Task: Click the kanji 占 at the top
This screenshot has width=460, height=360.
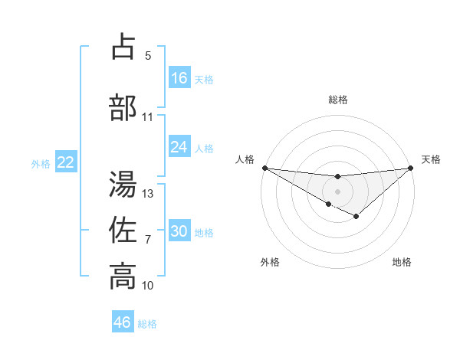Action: pyautogui.click(x=123, y=47)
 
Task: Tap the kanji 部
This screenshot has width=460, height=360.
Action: pyautogui.click(x=123, y=108)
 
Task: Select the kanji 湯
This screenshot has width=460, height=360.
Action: pyautogui.click(x=123, y=184)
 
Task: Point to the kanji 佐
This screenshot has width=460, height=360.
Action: pyautogui.click(x=123, y=230)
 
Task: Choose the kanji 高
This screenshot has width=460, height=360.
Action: pyautogui.click(x=123, y=277)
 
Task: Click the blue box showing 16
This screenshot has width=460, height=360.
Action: pyautogui.click(x=179, y=77)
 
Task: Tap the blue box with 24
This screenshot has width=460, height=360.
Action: pyautogui.click(x=179, y=147)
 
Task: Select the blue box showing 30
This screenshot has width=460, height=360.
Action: pyautogui.click(x=179, y=231)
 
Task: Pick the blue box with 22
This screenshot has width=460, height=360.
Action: pyautogui.click(x=65, y=162)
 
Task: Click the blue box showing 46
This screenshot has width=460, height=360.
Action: pyautogui.click(x=123, y=322)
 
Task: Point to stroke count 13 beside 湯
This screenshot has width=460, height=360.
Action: pyautogui.click(x=148, y=193)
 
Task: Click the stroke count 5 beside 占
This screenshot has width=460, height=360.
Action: pyautogui.click(x=148, y=55)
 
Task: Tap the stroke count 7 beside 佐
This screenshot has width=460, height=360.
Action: pyautogui.click(x=148, y=240)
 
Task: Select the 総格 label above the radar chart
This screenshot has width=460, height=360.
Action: pyautogui.click(x=337, y=100)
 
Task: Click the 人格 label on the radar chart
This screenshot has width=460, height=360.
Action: pyautogui.click(x=245, y=159)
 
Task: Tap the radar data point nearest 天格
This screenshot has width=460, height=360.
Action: pyautogui.click(x=411, y=168)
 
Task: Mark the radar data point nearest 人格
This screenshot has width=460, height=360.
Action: pyautogui.click(x=264, y=168)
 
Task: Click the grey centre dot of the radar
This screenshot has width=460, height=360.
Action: pyautogui.click(x=337, y=190)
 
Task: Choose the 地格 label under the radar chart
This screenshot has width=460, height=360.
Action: pyautogui.click(x=402, y=262)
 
